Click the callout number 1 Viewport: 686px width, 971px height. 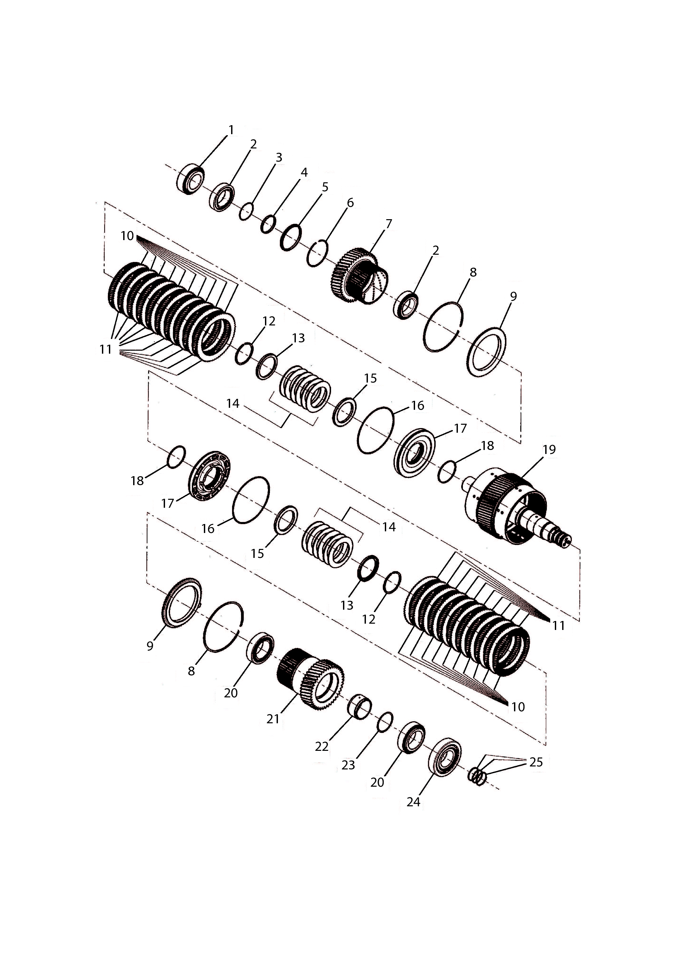coord(231,130)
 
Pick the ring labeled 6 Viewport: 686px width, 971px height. coord(317,254)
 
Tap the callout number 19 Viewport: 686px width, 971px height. coord(549,450)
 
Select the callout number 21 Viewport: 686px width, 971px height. coord(273,719)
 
